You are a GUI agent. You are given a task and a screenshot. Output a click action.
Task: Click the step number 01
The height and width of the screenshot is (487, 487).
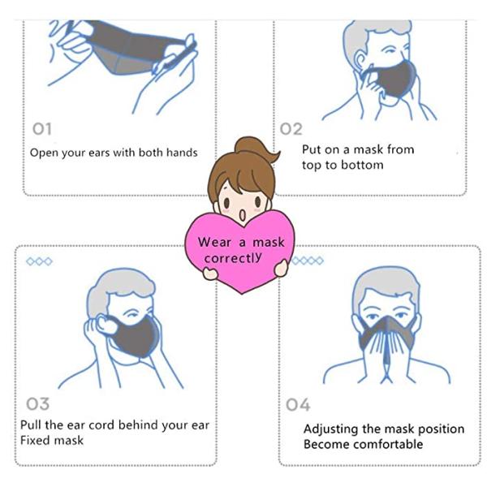tap(42, 129)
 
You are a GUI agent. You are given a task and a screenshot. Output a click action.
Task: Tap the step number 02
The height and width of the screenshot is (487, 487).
tap(291, 129)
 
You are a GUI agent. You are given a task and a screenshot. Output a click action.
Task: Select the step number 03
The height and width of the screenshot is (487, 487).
tap(37, 403)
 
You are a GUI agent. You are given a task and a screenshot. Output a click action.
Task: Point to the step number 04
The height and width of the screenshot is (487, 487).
tap(298, 405)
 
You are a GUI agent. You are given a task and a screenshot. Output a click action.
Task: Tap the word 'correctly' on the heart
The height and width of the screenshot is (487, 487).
tap(233, 257)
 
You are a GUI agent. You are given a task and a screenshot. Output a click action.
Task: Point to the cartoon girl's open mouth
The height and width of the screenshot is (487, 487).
tap(243, 215)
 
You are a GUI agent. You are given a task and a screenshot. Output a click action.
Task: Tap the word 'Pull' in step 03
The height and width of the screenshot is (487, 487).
tap(31, 425)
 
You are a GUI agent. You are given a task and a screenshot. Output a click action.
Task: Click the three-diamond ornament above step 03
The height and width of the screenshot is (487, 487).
tap(40, 261)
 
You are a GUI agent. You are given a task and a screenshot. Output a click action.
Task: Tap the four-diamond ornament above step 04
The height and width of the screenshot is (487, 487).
tap(308, 261)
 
